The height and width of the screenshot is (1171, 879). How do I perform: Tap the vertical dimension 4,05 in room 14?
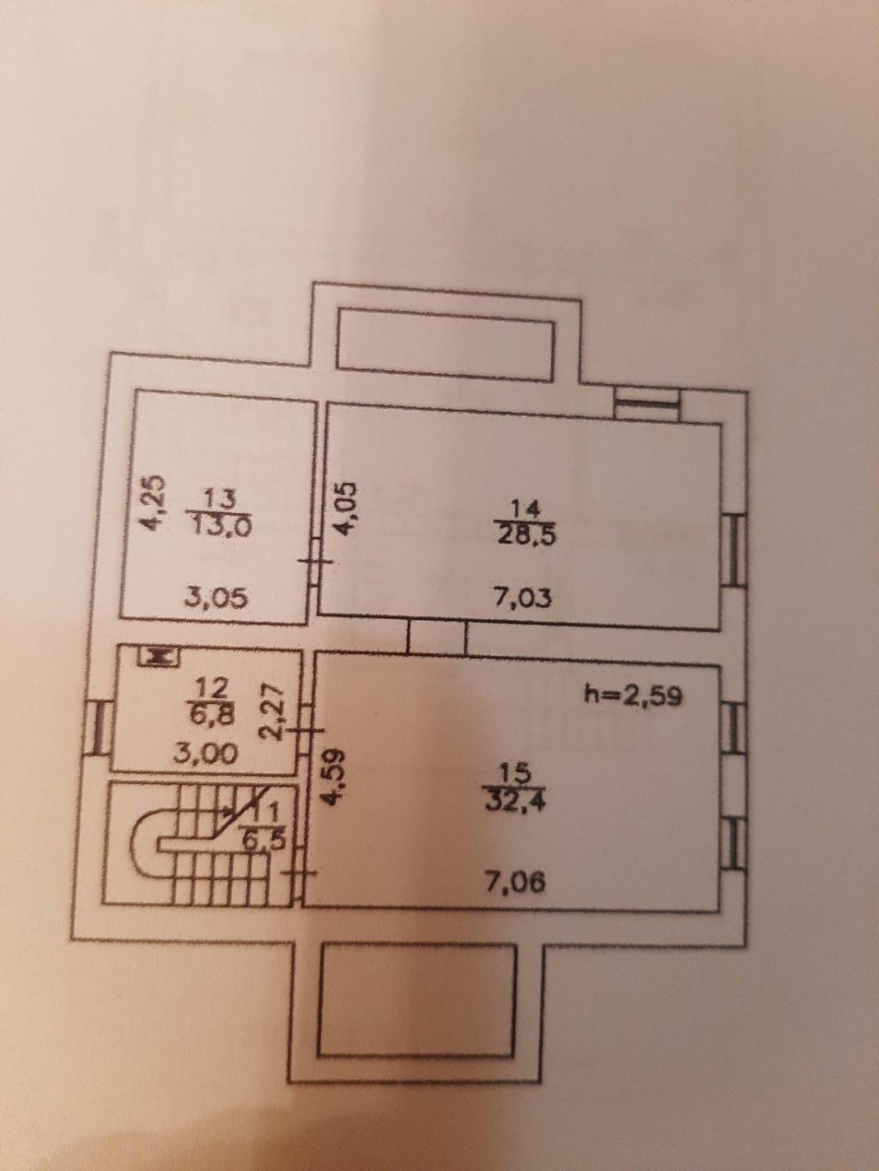(x=345, y=507)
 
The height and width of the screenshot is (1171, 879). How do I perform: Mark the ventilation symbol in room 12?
(x=159, y=657)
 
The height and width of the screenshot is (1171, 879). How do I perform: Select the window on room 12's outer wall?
(x=100, y=728)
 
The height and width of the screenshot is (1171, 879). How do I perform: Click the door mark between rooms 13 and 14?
(x=316, y=561)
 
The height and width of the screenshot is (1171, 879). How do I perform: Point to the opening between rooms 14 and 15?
(x=437, y=638)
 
